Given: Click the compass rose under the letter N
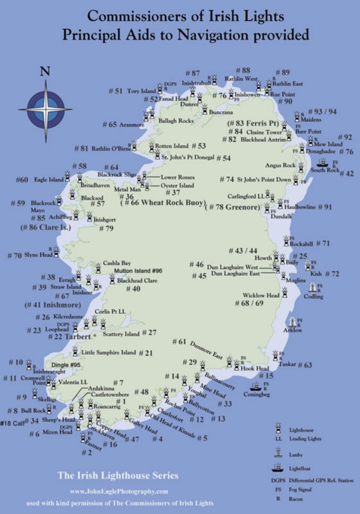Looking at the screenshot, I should [46, 109].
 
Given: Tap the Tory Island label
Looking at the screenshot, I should [141, 91].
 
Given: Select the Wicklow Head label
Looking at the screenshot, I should [261, 295].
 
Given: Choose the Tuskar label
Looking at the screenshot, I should [287, 364].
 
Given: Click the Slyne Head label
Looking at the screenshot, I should [38, 255].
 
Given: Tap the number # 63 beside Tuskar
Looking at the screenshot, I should [305, 365].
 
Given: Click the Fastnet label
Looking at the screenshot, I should [93, 445].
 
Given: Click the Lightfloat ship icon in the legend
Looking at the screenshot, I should [278, 468].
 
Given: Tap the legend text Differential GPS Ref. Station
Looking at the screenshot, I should [321, 480].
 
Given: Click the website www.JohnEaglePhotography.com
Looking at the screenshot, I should [119, 491].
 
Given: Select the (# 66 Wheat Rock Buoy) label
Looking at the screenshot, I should [163, 203].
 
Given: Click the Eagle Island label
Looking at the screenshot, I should [49, 180].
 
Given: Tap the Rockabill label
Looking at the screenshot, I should [301, 244].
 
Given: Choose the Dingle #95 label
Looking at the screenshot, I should [66, 365].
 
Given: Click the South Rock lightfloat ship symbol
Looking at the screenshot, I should [322, 162].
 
